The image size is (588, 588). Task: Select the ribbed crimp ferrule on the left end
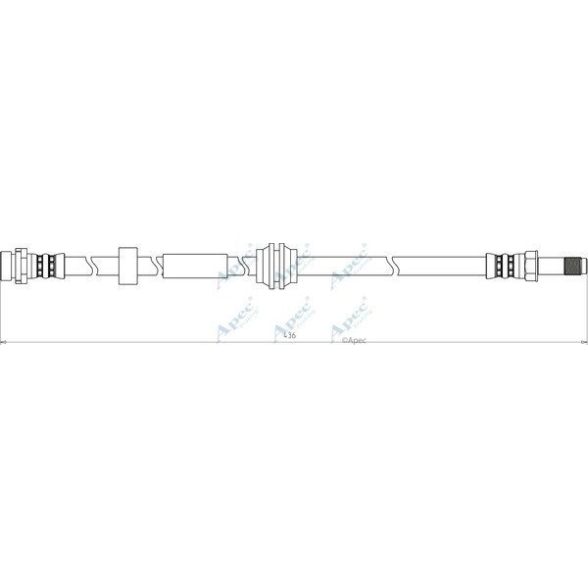click(x=43, y=264)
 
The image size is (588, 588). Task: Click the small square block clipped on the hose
click(x=128, y=264)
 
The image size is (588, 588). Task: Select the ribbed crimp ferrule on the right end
click(x=506, y=264)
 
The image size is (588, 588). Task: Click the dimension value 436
click(x=289, y=336)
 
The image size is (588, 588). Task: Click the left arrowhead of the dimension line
click(x=4, y=342)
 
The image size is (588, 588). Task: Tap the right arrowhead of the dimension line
click(x=584, y=342)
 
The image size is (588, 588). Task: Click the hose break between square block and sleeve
click(x=155, y=264)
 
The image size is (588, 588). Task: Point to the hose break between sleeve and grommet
click(x=235, y=264)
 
